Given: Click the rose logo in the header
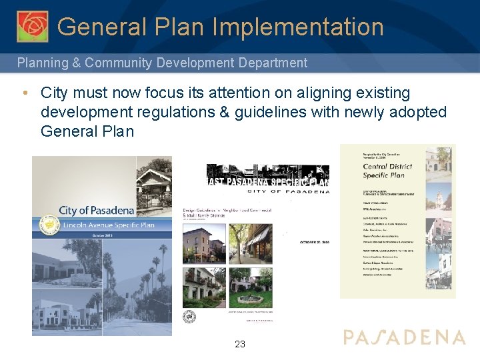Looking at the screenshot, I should tap(32, 27).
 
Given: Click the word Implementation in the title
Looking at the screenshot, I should tap(298, 27).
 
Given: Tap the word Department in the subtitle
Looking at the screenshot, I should tap(274, 63).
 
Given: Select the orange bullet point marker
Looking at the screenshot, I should tap(24, 93).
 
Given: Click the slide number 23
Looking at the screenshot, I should tap(240, 344).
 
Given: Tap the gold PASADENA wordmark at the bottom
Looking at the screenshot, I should tap(404, 337).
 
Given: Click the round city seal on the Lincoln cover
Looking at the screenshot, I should tap(48, 227).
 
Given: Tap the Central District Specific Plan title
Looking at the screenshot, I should tap(387, 171).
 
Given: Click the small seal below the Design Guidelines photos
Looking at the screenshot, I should tap(189, 316).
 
